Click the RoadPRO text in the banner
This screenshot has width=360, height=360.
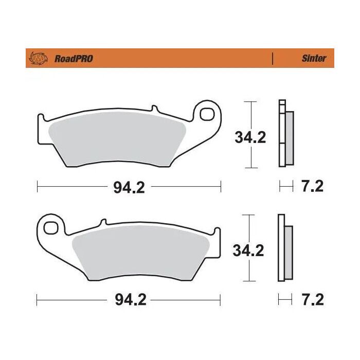74,59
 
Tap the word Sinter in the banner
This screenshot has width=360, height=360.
314,59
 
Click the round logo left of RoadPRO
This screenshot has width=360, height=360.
39,58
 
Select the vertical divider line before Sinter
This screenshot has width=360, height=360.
272,58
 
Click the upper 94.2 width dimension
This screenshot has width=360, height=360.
129,187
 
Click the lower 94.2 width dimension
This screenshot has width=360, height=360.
129,300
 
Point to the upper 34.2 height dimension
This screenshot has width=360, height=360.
250,137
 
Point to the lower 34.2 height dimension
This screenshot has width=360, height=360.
248,250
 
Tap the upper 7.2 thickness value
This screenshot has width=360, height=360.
311,187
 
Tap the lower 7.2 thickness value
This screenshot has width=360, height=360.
311,300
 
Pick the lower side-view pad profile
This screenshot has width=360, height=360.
284,247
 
